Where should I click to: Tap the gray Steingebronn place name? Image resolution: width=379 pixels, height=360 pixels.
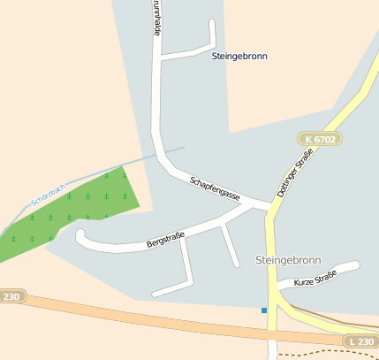[x=288, y=260]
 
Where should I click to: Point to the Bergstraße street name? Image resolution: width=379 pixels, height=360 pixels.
[x=165, y=239]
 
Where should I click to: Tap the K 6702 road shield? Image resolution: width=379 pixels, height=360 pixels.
[x=319, y=139]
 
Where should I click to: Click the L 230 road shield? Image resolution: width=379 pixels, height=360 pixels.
[x=359, y=341]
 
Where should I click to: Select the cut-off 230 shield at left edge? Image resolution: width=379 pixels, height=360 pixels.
[x=10, y=297]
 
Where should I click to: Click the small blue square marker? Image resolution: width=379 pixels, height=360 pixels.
[x=263, y=310]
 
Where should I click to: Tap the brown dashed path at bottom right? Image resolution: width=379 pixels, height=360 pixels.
[x=327, y=352]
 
